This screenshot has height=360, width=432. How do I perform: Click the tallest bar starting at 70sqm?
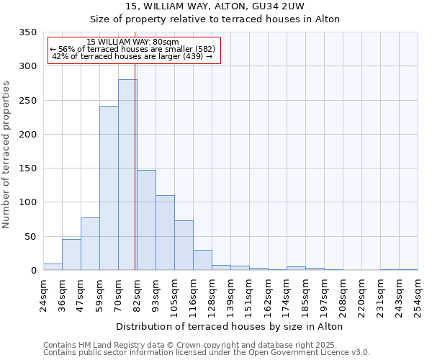pos(127,175)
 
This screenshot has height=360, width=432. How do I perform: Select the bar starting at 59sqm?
pos(109,189)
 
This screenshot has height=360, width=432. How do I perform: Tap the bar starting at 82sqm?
pos(146,220)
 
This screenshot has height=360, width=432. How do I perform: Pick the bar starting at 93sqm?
pos(165,233)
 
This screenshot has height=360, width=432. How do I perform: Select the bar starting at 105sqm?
pos(184,246)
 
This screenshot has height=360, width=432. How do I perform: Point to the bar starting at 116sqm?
pos(202,260)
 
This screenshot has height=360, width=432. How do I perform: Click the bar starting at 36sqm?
pos(71,255)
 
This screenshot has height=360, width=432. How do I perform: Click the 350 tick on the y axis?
pos(29,32)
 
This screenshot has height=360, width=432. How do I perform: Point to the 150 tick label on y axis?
pos(29,168)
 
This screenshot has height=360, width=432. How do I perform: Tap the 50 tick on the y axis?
pos(31,236)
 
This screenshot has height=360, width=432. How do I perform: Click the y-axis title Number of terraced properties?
pos(6,154)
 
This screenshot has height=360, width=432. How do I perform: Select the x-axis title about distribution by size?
pos(230,326)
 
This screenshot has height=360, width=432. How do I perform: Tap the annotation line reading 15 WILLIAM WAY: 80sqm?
pos(132,42)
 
